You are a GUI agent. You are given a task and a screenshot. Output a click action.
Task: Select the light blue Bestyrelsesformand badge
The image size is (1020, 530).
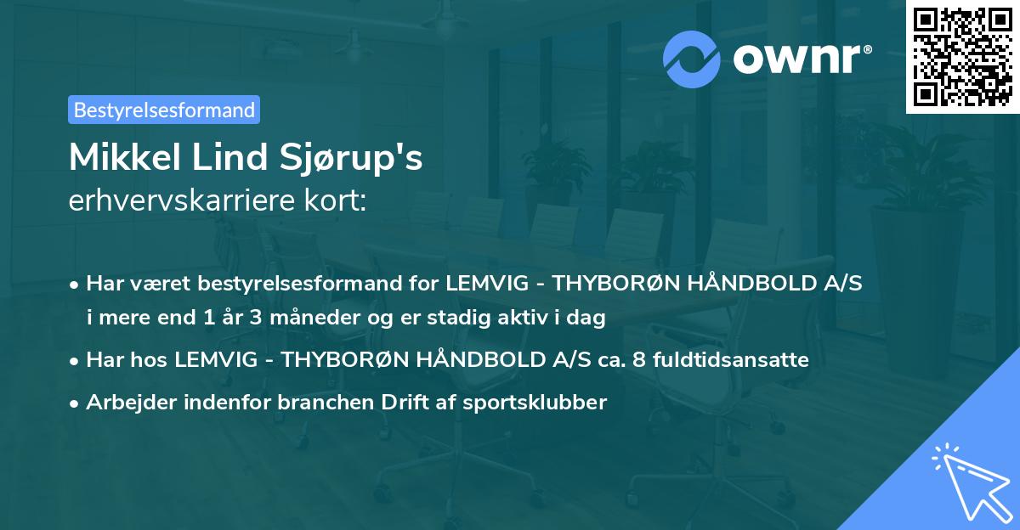tap(164, 110)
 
